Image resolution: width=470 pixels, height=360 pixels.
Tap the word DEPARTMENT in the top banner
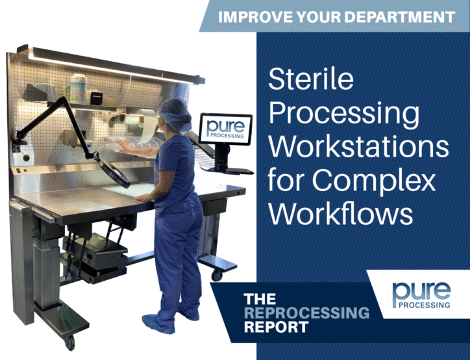[x=399, y=17]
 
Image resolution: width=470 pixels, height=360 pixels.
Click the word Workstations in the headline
[x=358, y=147]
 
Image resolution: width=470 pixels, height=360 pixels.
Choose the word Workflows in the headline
[x=341, y=214]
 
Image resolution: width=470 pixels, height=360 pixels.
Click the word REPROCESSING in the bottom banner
[x=307, y=313]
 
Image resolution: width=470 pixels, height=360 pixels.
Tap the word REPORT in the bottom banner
[x=276, y=327]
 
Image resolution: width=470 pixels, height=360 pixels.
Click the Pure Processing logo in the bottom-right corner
[x=421, y=295]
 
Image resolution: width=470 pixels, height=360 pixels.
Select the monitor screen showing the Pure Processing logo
[x=226, y=129]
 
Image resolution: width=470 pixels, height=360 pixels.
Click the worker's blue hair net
[x=175, y=114]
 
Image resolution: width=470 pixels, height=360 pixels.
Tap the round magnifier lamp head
[x=114, y=173]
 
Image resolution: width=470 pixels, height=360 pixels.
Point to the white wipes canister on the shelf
[x=79, y=88]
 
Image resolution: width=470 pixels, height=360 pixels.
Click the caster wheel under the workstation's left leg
[x=69, y=342]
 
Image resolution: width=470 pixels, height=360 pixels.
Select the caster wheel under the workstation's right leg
[x=216, y=275]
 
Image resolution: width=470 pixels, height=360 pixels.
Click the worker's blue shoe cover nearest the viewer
[x=158, y=324]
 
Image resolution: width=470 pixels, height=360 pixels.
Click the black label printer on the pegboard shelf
[x=96, y=98]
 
